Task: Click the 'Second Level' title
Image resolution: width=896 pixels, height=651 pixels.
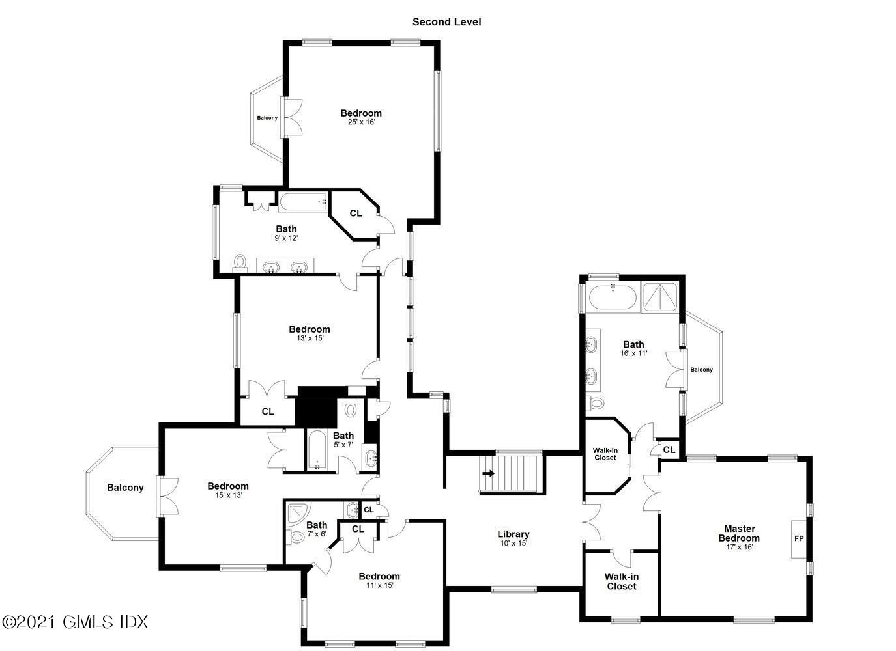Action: point(446,22)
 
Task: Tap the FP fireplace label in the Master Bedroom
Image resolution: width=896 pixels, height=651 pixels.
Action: point(799,539)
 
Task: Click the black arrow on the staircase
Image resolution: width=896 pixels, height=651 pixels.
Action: point(487,473)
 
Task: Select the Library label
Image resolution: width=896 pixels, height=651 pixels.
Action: point(513,534)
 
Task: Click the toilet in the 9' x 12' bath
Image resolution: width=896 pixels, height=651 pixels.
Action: point(240,262)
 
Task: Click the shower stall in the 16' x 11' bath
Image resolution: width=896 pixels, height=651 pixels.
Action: point(660,296)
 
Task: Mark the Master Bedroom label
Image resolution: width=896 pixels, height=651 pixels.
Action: point(739,533)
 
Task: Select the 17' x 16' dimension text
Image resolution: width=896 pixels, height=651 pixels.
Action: point(739,547)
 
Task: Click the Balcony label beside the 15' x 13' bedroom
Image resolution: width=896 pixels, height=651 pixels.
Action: point(125,488)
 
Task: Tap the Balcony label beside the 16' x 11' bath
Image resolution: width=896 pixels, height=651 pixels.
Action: point(701,370)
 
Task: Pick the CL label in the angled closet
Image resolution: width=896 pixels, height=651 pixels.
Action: point(356,214)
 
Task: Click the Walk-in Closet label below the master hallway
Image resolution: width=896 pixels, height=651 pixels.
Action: point(621,581)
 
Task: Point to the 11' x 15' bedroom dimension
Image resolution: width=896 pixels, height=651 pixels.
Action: point(379,585)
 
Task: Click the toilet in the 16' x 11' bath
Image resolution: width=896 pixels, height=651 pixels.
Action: point(596,403)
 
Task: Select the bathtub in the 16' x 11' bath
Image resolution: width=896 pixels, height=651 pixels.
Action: point(613,298)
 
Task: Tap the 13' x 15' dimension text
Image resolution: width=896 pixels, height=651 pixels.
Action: point(310,339)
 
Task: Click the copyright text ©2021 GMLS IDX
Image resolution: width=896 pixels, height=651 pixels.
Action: point(75,622)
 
